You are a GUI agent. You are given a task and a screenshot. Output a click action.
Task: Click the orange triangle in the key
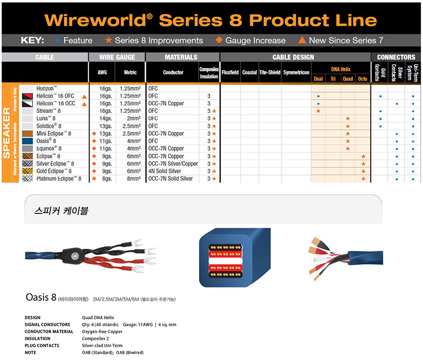tap(302, 40)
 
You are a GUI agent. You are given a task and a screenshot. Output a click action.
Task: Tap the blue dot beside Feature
tap(58, 41)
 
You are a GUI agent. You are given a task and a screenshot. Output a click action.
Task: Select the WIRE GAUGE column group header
tap(117, 57)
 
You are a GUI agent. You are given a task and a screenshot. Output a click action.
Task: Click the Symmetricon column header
tap(296, 72)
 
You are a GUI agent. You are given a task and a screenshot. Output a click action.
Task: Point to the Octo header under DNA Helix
tap(363, 79)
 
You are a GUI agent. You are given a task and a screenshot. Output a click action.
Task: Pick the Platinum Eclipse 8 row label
tap(59, 179)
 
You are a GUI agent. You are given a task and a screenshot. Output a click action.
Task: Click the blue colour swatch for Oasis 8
tap(27, 141)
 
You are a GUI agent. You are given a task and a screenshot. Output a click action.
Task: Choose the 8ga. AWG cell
tap(107, 179)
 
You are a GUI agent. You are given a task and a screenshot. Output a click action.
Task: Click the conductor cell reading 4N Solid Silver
tap(165, 171)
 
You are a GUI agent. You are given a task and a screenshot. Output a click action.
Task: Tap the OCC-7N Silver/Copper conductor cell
tap(173, 164)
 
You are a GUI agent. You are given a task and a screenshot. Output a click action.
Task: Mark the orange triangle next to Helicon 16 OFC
tap(85, 96)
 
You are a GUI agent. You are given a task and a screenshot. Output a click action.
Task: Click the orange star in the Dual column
tap(318, 111)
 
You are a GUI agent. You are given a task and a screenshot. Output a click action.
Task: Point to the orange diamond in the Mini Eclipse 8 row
tap(94, 133)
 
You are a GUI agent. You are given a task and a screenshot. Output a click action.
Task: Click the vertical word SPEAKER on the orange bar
tap(6, 133)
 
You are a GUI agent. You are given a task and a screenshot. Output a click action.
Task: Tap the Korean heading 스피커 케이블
tap(61, 210)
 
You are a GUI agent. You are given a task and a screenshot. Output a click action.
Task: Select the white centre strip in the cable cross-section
tap(225, 261)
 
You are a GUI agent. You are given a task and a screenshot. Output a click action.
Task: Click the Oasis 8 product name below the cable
tap(41, 297)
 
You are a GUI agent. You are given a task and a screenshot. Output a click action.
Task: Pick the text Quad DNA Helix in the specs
tap(98, 318)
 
